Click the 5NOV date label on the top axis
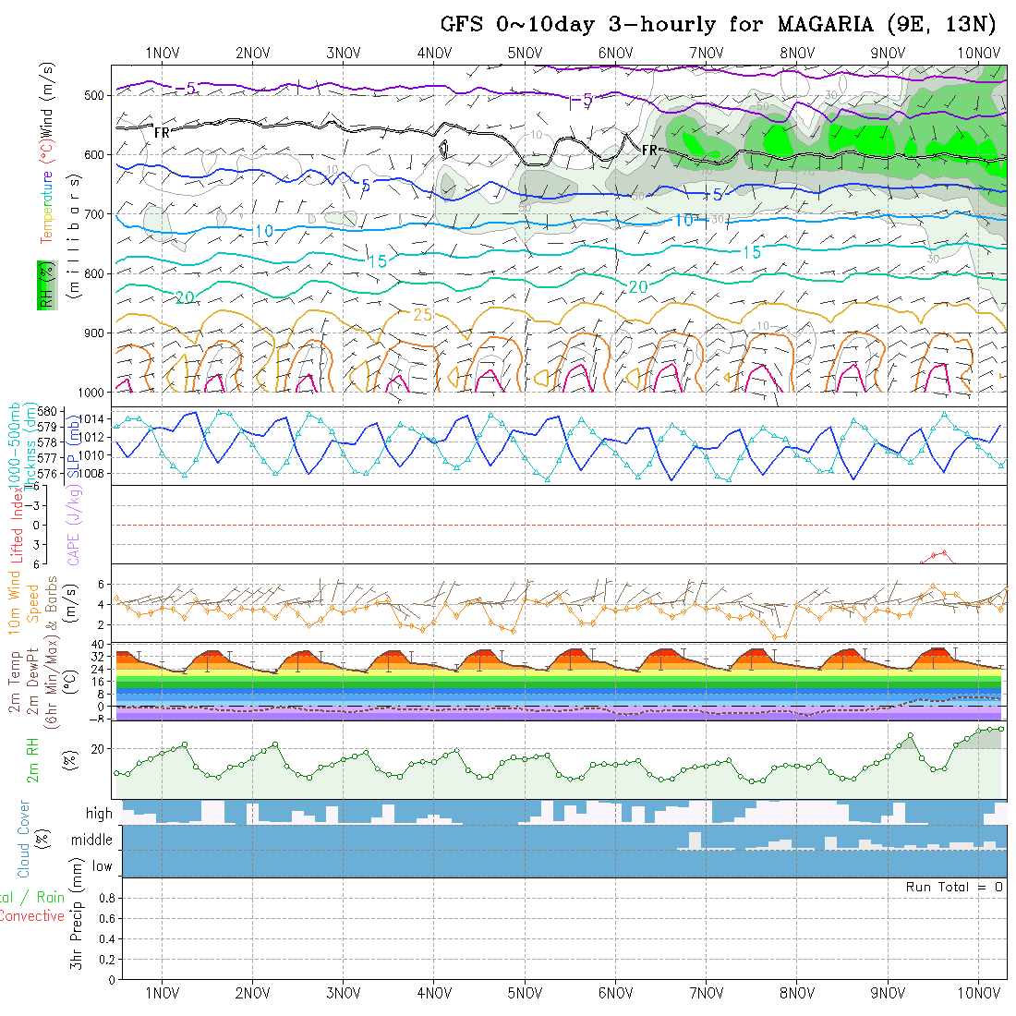[x=525, y=53]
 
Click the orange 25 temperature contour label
[x=422, y=315]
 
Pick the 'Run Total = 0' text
[x=954, y=887]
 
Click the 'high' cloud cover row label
[x=99, y=814]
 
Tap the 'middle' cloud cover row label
[x=91, y=840]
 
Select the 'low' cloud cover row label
[x=102, y=866]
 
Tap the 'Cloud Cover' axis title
[x=24, y=839]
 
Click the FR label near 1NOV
[x=162, y=133]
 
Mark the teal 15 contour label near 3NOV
[x=377, y=261]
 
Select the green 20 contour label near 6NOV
[x=638, y=287]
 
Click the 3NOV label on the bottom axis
[x=344, y=993]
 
